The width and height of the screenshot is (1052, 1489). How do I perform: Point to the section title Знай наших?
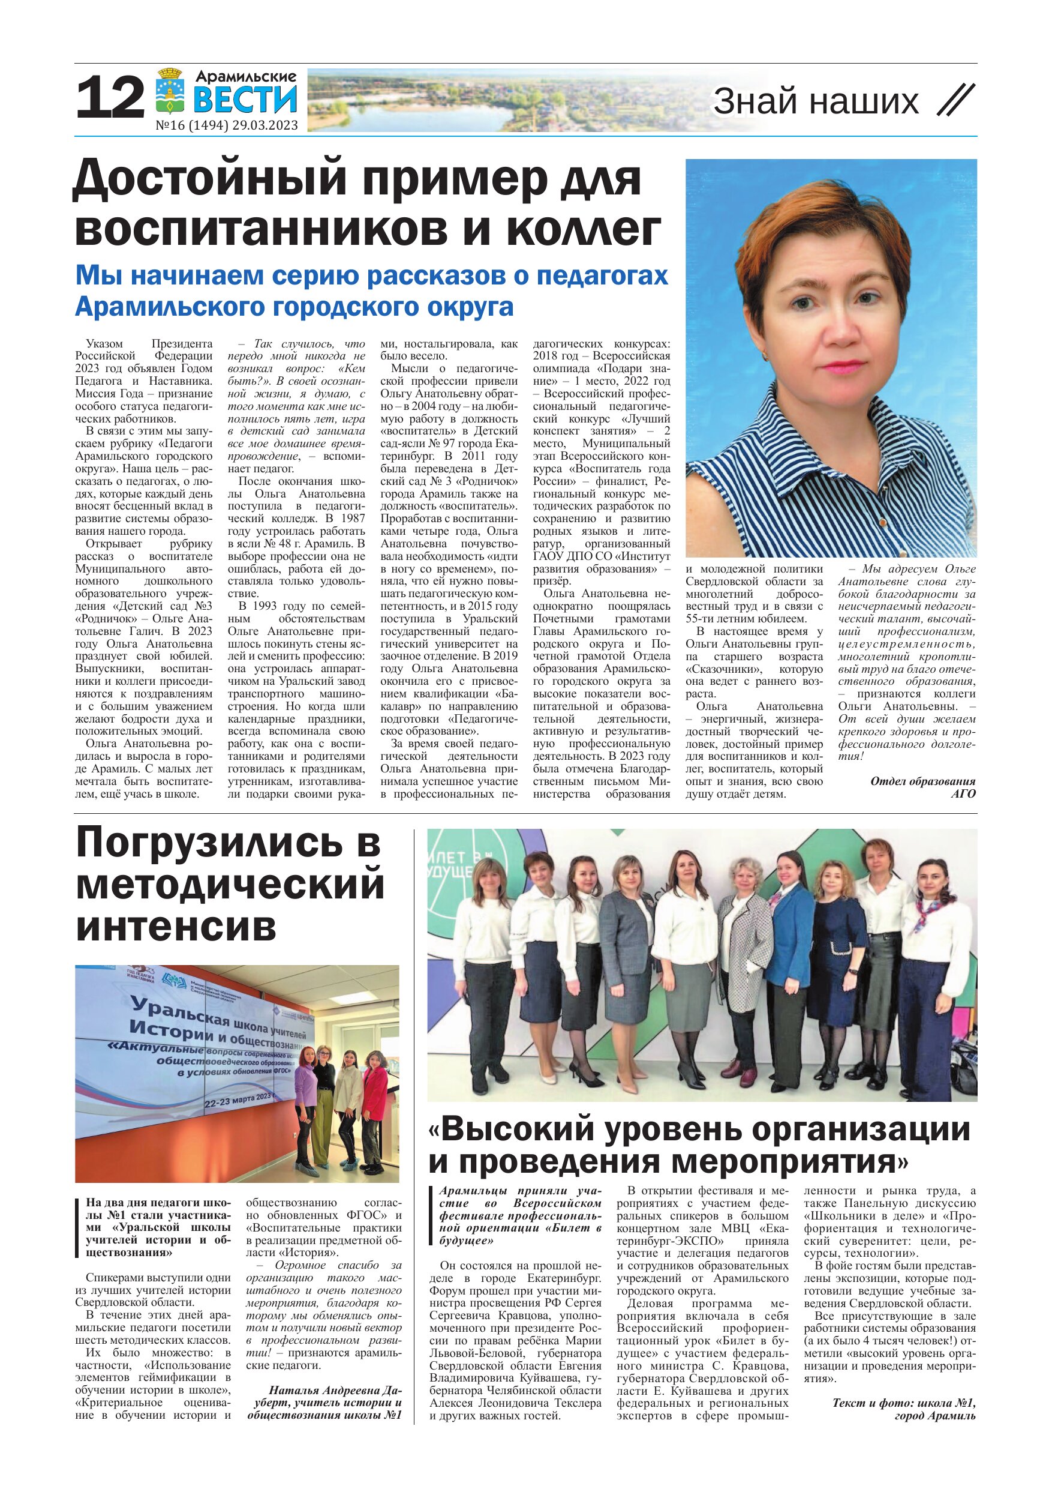click(x=816, y=102)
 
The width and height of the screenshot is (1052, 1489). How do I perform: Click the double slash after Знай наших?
click(x=956, y=101)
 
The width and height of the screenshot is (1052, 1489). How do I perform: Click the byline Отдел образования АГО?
click(x=922, y=787)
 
